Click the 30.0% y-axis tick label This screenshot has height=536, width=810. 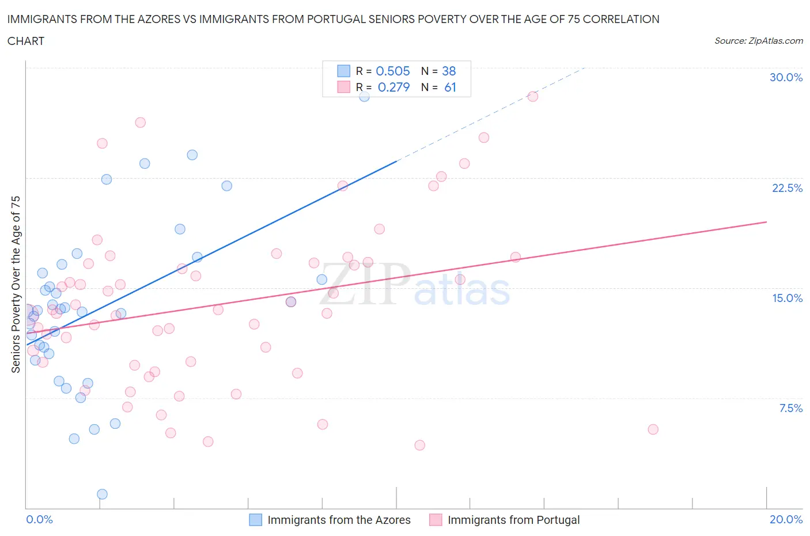coord(786,77)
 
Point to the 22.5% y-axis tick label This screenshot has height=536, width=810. coord(787,188)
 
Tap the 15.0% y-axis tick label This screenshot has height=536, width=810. coord(787,298)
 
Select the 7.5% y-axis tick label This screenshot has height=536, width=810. coord(790,408)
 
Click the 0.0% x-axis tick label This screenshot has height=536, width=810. coord(39,519)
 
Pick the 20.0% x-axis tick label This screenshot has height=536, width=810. coord(786,519)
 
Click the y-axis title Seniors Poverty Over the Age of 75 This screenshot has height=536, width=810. coord(16,284)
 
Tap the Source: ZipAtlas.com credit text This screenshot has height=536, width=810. coord(758,40)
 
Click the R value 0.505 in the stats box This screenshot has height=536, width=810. coord(393,71)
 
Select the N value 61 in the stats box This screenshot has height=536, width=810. coord(450,87)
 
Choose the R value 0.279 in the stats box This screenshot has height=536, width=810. coord(393,87)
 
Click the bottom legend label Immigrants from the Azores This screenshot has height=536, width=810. coord(339,520)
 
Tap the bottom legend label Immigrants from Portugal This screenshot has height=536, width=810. coord(513,520)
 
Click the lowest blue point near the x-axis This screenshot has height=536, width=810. coord(102,494)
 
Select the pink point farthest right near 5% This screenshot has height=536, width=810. coord(653,429)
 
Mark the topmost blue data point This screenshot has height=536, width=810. coord(364,96)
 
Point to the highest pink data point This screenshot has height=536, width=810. coord(533,96)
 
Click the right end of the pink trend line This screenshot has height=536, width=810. coord(766,222)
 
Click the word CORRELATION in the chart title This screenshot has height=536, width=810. coord(621,19)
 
